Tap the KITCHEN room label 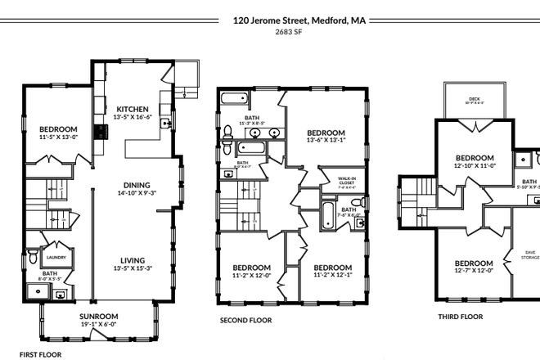tap(132, 109)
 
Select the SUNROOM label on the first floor tap(99, 316)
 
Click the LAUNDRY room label tap(55, 243)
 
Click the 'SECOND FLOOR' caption tap(245, 321)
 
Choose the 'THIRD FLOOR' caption tap(460, 316)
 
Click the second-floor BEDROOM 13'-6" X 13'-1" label tap(326, 133)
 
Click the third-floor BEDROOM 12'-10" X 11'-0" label tap(475, 158)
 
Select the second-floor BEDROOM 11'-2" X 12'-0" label tap(251, 268)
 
